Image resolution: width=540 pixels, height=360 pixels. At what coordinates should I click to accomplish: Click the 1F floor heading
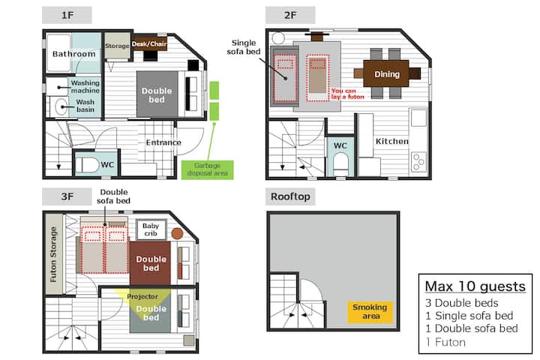67,15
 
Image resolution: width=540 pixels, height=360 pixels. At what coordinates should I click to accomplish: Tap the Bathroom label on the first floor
73,54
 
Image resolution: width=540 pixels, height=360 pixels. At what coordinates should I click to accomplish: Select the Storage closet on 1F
117,46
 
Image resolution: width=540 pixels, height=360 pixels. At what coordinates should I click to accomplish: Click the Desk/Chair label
149,43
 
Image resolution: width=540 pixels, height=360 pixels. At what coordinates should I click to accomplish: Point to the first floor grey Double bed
157,94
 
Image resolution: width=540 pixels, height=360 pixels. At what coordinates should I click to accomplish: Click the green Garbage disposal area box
207,169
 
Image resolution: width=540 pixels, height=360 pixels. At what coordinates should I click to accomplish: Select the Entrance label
163,142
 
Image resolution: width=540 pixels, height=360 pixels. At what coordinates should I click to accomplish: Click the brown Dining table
386,73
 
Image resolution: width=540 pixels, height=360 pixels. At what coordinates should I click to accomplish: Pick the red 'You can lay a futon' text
347,94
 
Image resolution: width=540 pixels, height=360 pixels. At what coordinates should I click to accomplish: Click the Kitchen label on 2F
392,141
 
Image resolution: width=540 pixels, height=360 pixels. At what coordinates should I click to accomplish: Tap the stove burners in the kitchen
418,161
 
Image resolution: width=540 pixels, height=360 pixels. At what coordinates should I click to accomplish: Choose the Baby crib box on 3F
151,229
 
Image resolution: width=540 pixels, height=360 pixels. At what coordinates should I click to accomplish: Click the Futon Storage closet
54,254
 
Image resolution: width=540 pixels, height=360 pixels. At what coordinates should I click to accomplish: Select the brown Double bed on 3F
150,263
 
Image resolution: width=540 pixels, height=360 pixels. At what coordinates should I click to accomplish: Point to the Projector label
142,296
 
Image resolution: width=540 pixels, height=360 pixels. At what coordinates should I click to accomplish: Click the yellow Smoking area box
370,312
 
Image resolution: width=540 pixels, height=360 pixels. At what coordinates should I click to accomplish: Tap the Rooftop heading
290,196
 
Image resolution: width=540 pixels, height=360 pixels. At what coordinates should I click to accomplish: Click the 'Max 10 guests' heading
475,286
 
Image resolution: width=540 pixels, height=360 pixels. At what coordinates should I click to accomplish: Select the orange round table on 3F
177,233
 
